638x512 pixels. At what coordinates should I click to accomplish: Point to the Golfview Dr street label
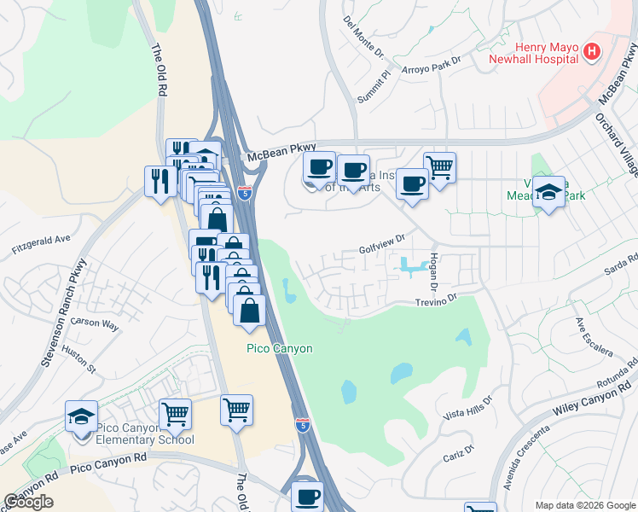click(381, 248)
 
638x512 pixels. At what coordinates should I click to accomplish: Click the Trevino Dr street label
click(437, 300)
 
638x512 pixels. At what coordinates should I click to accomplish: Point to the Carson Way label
click(95, 323)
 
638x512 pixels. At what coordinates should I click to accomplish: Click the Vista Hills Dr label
click(468, 408)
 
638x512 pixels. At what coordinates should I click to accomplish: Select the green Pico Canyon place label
click(280, 348)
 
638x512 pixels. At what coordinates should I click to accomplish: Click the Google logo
click(29, 501)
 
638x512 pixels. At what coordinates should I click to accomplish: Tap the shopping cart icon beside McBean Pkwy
click(439, 168)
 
